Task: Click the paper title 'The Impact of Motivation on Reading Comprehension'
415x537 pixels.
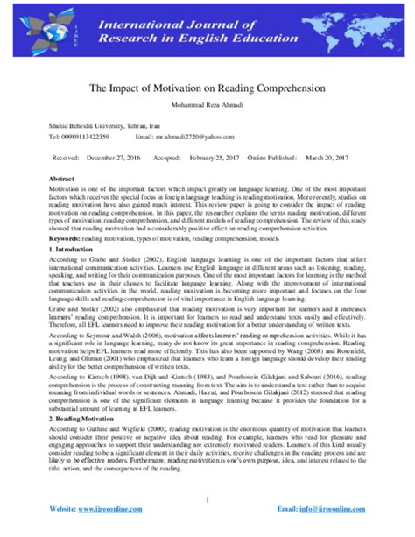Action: point(207,88)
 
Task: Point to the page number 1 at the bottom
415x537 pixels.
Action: point(207,501)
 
